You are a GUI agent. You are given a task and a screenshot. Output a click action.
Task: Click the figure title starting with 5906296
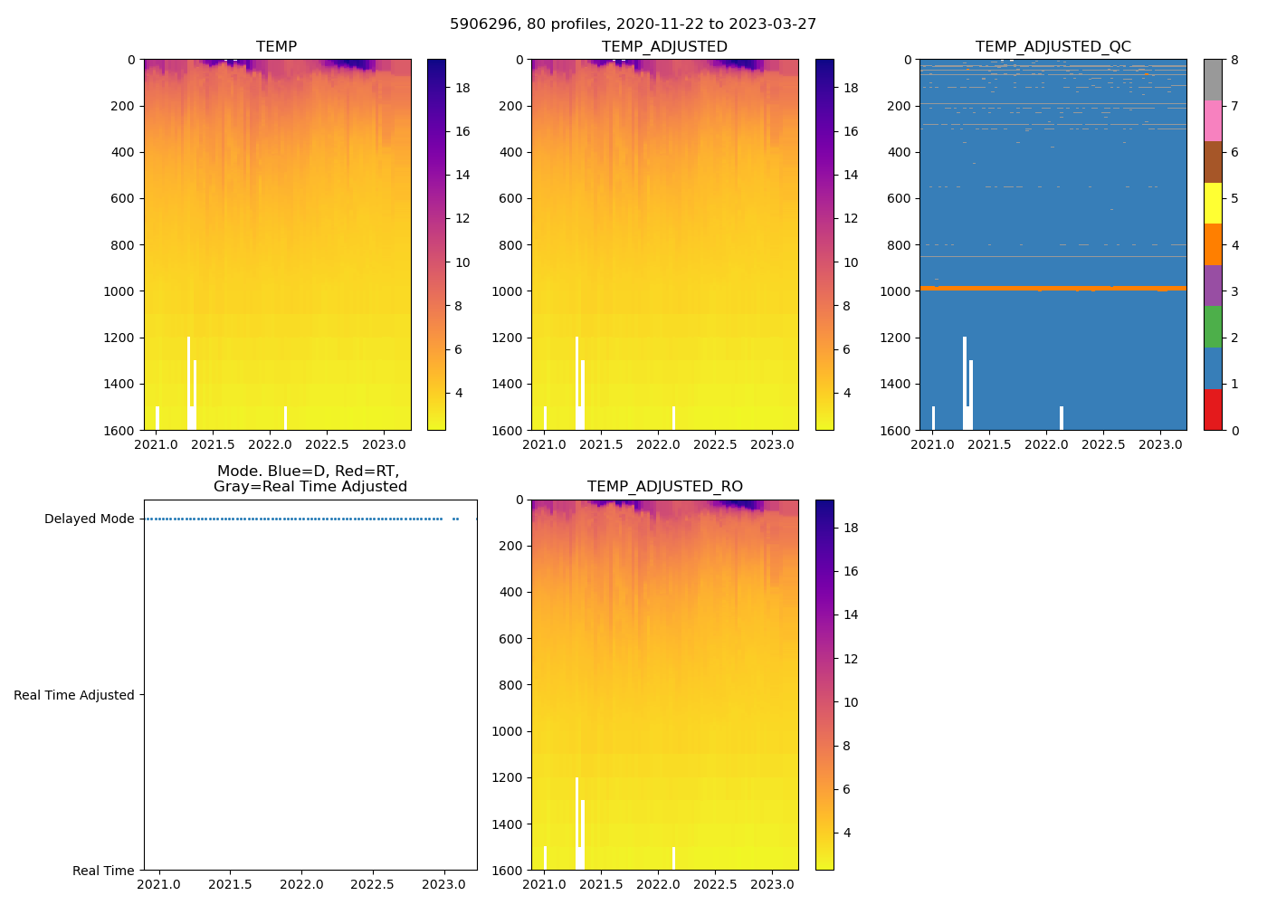click(x=633, y=24)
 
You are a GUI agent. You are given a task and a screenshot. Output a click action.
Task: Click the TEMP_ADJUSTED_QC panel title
click(x=1053, y=47)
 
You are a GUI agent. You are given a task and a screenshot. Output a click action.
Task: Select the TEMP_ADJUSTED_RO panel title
click(x=664, y=487)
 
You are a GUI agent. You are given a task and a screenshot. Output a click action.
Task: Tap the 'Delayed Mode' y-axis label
click(x=89, y=519)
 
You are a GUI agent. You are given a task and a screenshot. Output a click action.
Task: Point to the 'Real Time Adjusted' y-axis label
click(x=74, y=695)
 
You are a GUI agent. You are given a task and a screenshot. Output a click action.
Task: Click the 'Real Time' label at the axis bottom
click(x=103, y=871)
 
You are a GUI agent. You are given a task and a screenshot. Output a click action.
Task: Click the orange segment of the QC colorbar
click(x=1213, y=244)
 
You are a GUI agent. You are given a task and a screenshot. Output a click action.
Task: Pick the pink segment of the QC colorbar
click(x=1213, y=121)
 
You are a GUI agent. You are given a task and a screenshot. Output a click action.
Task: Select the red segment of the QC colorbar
click(x=1213, y=409)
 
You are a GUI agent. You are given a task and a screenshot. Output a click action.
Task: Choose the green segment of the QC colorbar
click(x=1213, y=327)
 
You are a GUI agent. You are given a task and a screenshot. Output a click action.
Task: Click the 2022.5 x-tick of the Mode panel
click(x=372, y=884)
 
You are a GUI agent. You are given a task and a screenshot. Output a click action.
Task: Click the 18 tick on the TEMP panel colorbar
click(x=462, y=88)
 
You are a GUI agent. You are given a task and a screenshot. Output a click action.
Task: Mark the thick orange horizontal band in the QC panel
click(x=1053, y=288)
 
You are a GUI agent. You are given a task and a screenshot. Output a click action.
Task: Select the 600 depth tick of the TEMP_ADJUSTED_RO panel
click(x=508, y=639)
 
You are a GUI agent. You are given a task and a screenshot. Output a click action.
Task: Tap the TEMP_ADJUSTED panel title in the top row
click(x=664, y=47)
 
